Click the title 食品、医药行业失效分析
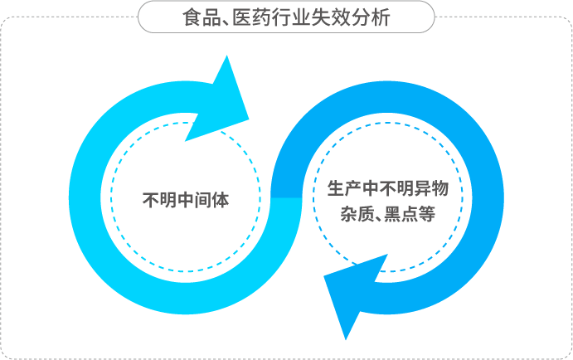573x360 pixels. pos(286,17)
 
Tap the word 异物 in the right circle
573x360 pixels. pos(431,188)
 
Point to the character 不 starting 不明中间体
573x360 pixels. pos(151,199)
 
